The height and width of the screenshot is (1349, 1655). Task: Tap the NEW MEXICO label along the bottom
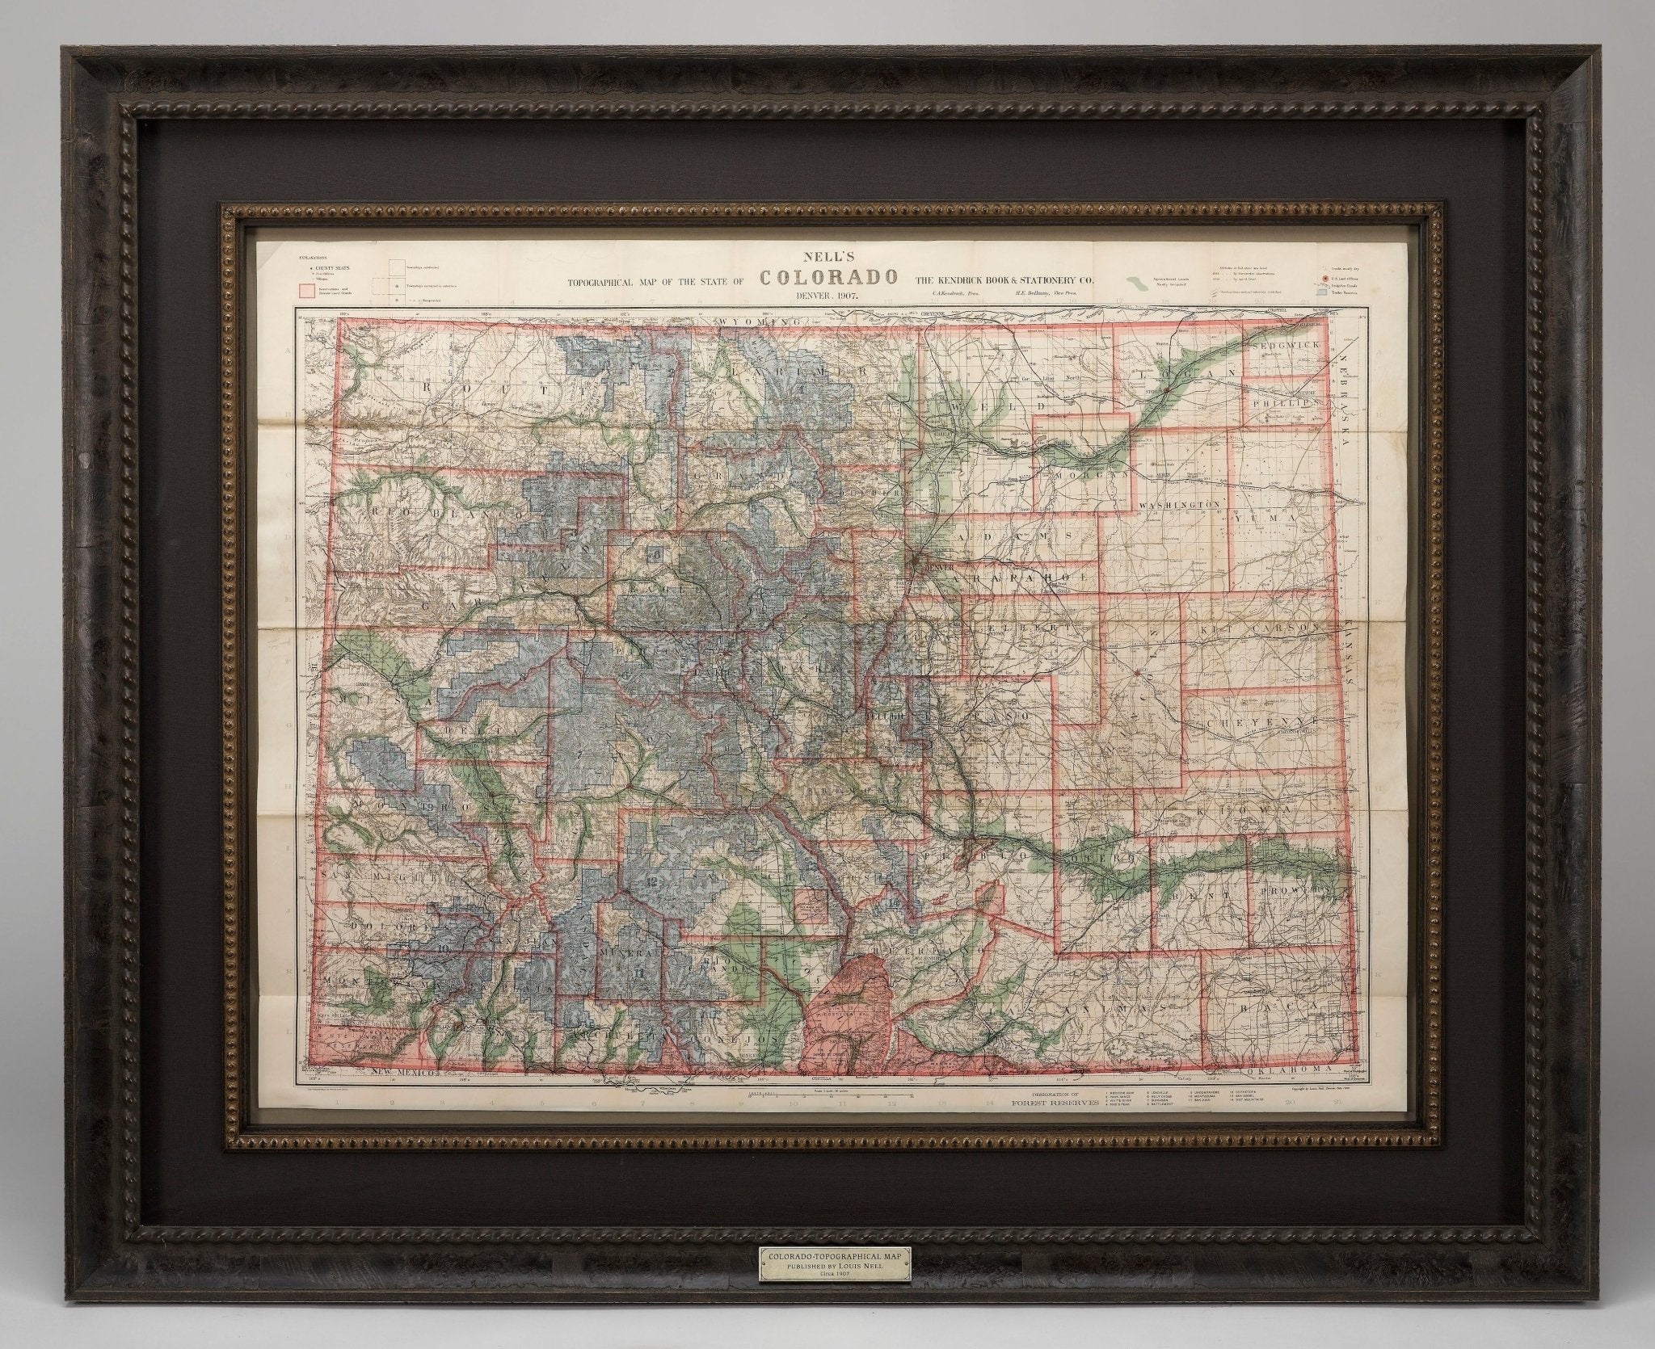point(402,1073)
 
